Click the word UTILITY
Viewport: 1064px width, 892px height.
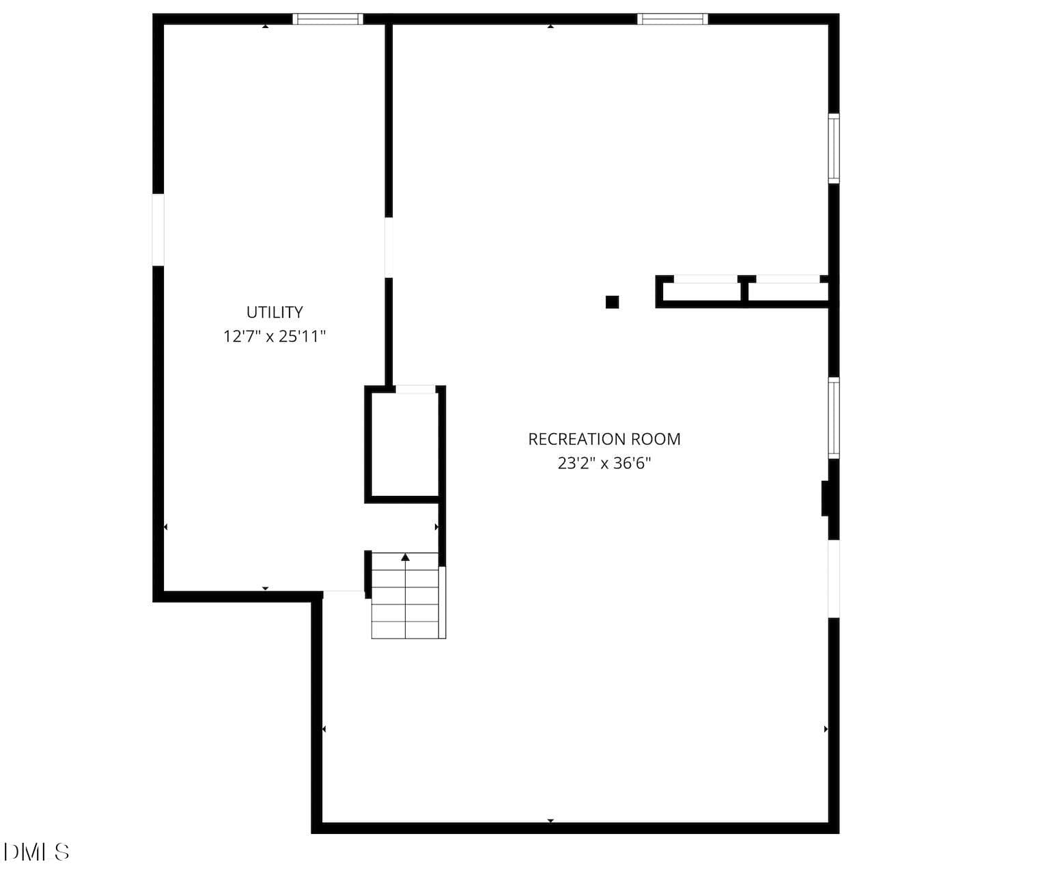pyautogui.click(x=274, y=311)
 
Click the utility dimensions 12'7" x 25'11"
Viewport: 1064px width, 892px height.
pyautogui.click(x=274, y=337)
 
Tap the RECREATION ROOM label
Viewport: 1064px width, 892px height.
pyautogui.click(x=604, y=439)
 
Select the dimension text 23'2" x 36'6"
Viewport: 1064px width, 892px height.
pyautogui.click(x=604, y=463)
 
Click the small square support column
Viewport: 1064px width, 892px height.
pyautogui.click(x=612, y=302)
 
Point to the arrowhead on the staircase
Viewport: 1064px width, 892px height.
pyautogui.click(x=405, y=557)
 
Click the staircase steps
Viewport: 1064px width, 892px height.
pyautogui.click(x=405, y=596)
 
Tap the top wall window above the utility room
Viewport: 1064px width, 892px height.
pyautogui.click(x=328, y=19)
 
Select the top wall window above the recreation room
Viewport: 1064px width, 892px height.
pyautogui.click(x=672, y=19)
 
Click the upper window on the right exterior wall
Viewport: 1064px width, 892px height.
pyautogui.click(x=834, y=148)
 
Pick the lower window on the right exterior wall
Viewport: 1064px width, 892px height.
pyautogui.click(x=834, y=418)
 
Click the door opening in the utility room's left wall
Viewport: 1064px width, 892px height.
pyautogui.click(x=158, y=229)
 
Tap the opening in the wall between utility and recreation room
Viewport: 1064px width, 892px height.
pyautogui.click(x=389, y=247)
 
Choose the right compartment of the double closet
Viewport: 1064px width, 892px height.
pyautogui.click(x=788, y=292)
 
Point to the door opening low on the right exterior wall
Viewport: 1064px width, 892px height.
pyautogui.click(x=834, y=579)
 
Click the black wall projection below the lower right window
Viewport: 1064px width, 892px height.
pyautogui.click(x=825, y=498)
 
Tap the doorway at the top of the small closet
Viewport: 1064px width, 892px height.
pyautogui.click(x=416, y=389)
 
